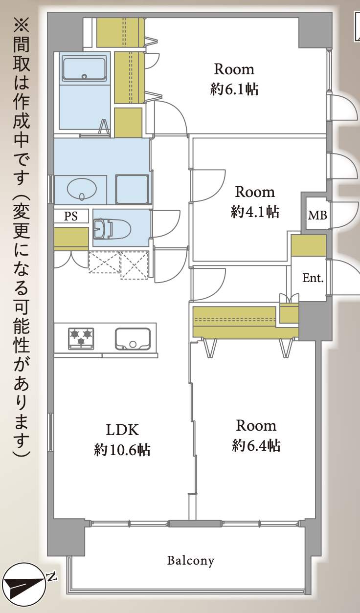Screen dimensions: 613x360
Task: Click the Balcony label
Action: click(191, 560)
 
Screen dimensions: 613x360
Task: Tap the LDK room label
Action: click(123, 430)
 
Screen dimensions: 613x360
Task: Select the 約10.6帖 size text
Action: click(122, 450)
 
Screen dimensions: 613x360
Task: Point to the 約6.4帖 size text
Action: click(256, 445)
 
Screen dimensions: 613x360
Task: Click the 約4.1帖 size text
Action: click(255, 211)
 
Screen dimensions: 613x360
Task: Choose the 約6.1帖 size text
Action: click(234, 89)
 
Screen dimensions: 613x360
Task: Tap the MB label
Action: click(317, 215)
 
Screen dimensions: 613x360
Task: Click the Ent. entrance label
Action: click(313, 278)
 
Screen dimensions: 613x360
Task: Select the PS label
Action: click(71, 217)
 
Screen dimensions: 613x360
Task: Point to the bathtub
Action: click(84, 68)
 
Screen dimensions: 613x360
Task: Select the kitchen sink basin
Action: click(132, 338)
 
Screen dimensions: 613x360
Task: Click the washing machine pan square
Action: click(132, 189)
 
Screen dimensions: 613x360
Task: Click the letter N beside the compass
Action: click(52, 577)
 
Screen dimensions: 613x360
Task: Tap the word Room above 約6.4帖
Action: click(256, 426)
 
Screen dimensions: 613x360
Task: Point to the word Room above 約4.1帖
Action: click(255, 191)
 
